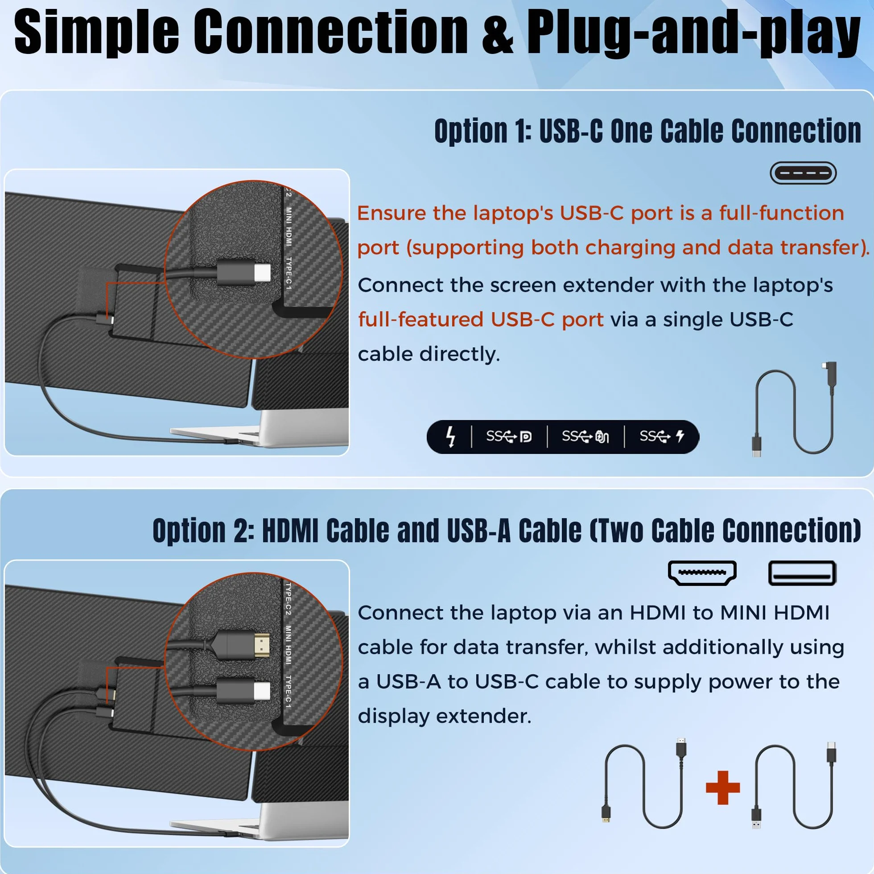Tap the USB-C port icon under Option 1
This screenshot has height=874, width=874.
[x=803, y=173]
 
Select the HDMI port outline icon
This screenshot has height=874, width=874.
[x=702, y=573]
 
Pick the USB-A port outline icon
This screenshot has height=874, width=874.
[x=803, y=573]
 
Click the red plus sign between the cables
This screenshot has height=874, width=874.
[x=723, y=788]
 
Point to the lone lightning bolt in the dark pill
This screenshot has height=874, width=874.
[x=450, y=437]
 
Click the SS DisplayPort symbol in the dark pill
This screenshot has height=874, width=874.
[x=509, y=437]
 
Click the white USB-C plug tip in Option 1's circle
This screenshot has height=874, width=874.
[x=262, y=273]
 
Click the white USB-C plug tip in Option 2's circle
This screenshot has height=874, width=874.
[x=262, y=691]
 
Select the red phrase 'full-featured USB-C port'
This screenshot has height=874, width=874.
[x=481, y=319]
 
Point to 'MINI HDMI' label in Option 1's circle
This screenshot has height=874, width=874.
[x=289, y=227]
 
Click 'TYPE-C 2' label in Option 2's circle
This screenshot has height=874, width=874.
[x=288, y=599]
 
